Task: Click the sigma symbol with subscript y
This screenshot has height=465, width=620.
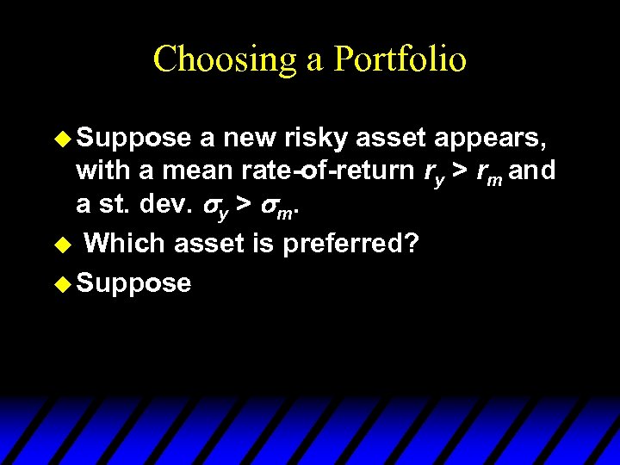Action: [214, 208]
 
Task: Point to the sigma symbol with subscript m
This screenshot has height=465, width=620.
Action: [275, 208]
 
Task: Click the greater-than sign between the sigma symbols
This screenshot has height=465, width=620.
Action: [245, 208]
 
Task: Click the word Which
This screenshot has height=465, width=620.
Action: [126, 244]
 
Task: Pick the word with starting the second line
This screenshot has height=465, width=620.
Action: [102, 171]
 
